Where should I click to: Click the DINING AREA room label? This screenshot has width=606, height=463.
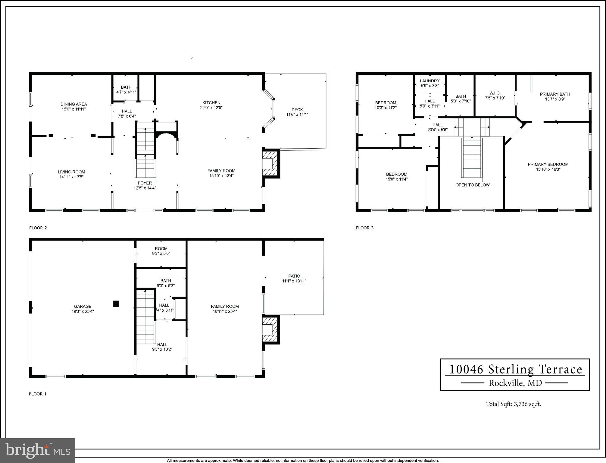(x=73, y=104)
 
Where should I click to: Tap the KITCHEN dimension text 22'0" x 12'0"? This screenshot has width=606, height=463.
(x=211, y=108)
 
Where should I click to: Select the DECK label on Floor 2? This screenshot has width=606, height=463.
(x=297, y=110)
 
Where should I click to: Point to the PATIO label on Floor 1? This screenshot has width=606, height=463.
(x=294, y=276)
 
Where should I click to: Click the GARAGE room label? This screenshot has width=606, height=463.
(x=83, y=307)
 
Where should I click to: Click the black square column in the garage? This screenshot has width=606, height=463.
(x=116, y=304)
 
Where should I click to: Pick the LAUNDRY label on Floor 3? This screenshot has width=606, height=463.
(x=430, y=81)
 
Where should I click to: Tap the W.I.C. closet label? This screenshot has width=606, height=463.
(x=495, y=93)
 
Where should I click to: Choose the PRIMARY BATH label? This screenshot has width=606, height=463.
(x=555, y=94)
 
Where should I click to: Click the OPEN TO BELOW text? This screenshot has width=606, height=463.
(x=472, y=185)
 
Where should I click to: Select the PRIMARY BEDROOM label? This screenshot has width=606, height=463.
(x=548, y=164)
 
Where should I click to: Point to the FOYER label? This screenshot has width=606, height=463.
(x=145, y=183)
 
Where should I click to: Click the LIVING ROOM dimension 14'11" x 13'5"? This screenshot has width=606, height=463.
(x=71, y=177)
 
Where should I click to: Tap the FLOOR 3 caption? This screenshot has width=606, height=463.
(x=364, y=228)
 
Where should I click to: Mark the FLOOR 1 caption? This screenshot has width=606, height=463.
(x=38, y=394)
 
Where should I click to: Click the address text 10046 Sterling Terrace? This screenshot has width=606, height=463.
(x=515, y=370)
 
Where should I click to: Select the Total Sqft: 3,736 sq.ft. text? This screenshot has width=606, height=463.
(x=514, y=404)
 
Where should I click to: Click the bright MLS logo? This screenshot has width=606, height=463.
(x=38, y=451)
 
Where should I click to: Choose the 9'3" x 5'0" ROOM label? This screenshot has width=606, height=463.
(x=161, y=254)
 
